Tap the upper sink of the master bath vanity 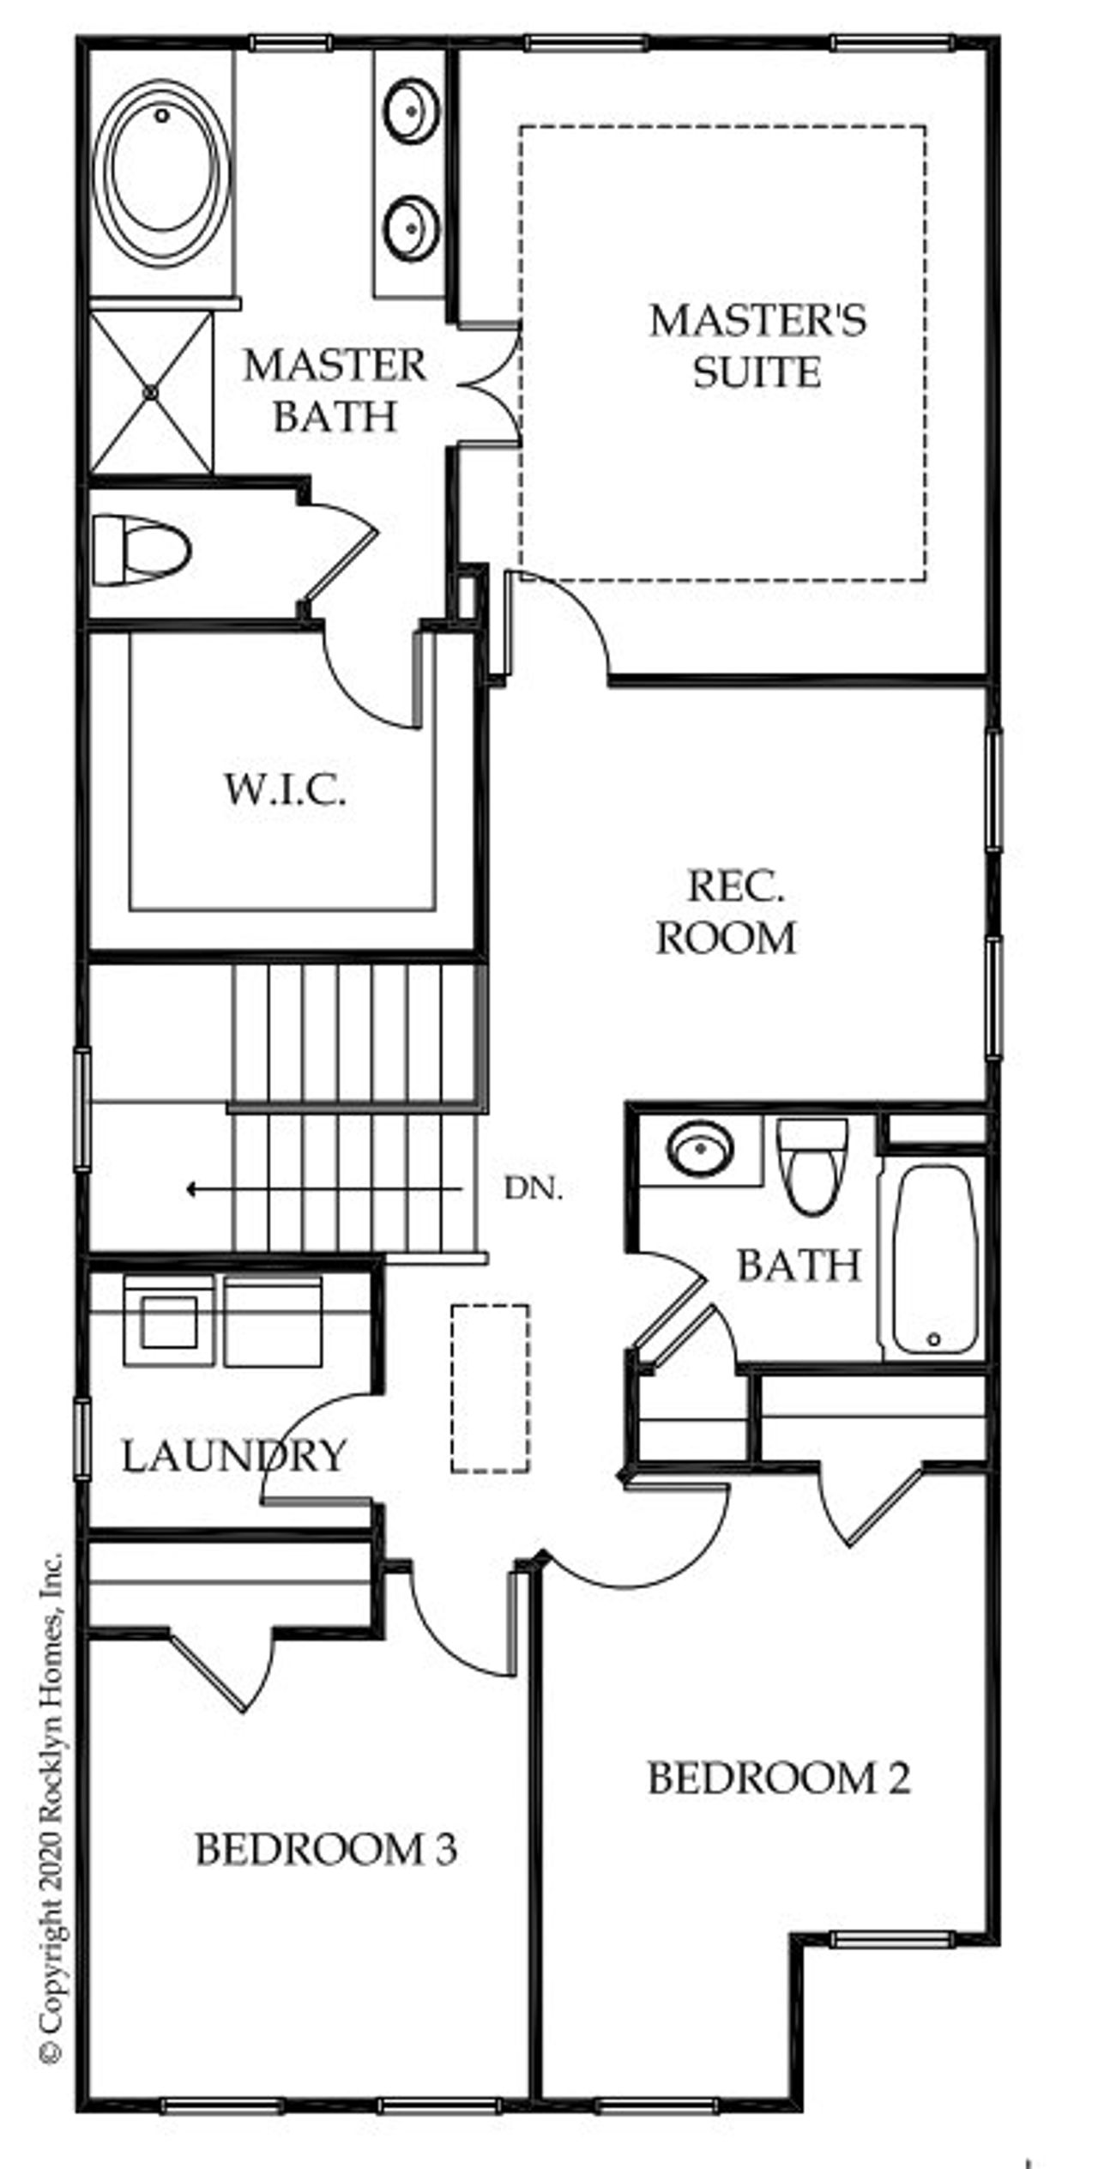click(412, 110)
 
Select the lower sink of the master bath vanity click(412, 227)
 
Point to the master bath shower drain click(151, 392)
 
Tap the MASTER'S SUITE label click(757, 346)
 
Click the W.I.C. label click(286, 789)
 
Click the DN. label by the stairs click(534, 1189)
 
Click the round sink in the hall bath click(700, 1148)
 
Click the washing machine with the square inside click(169, 1321)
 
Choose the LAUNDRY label click(233, 1456)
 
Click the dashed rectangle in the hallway click(490, 1389)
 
